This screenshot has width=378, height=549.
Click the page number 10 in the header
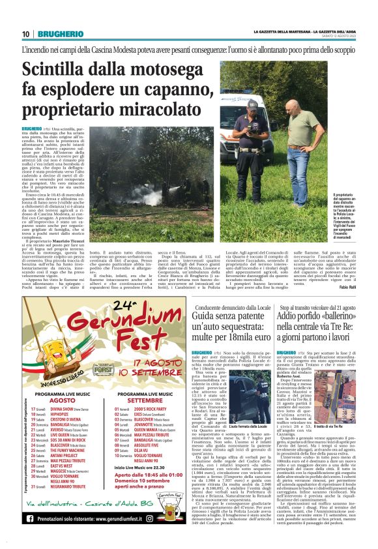point(25,34)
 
